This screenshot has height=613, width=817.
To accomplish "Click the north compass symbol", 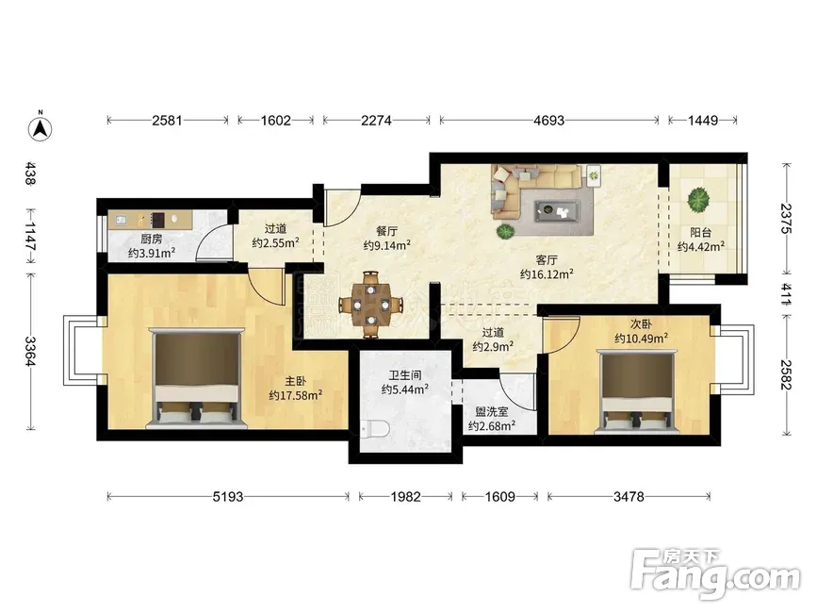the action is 40,126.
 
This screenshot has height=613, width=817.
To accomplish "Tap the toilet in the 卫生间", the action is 376,429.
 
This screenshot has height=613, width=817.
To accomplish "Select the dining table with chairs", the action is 371,304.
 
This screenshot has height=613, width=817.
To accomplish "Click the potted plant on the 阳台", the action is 698,200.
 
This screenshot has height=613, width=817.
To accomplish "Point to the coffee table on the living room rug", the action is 557,211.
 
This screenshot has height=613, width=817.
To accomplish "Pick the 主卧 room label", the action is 296,382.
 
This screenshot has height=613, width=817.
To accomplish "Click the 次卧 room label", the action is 641,324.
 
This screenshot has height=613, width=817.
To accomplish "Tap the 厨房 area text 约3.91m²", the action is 152,254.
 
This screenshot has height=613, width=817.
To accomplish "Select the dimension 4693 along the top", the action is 548,121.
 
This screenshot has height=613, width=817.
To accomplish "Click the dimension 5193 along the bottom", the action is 228,497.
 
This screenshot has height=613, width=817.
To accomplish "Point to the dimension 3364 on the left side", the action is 31,352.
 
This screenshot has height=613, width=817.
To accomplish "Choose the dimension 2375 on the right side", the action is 786,219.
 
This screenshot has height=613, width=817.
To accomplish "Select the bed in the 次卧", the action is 636,392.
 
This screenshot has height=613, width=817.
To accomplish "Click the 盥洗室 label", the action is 491,412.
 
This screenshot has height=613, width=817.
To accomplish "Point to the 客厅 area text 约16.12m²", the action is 547,273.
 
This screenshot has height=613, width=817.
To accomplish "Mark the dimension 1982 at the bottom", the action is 405,497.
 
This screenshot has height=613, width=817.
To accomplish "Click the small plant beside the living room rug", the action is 504,231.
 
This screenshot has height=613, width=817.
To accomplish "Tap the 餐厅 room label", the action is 386,232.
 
